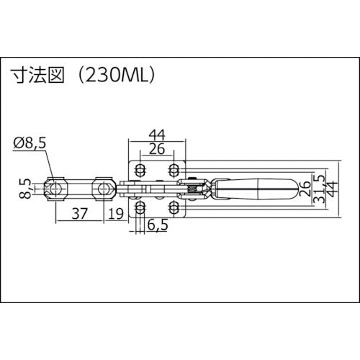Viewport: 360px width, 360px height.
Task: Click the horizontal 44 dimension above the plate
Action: click(157, 134)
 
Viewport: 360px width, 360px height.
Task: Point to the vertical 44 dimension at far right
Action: click(332, 189)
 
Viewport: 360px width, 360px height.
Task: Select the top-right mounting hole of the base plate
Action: click(174, 171)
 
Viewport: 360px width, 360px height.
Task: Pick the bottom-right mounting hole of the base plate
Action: click(174, 210)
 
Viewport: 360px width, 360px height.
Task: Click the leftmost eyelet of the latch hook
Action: click(55, 189)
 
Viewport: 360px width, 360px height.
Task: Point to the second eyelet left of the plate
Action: click(104, 189)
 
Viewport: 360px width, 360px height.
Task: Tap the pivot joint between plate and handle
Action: click(193, 190)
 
